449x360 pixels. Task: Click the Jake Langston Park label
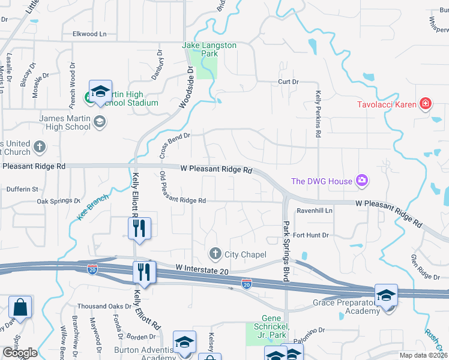pos(209,49)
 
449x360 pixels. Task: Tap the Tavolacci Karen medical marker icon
pos(426,103)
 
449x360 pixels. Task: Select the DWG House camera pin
pos(361,180)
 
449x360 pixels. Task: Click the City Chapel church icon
pos(215,254)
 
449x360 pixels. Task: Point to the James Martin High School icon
pos(99,122)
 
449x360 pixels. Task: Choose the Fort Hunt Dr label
pos(311,235)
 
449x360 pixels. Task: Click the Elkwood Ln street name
pos(89,34)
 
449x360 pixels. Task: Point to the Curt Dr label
pos(288,82)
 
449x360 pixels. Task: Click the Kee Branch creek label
pos(93,207)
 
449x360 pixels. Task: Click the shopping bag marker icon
pos(20,307)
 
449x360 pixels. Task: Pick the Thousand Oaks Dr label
pos(104,306)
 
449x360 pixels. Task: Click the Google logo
pos(20,352)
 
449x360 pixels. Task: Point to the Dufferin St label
pos(22,189)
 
